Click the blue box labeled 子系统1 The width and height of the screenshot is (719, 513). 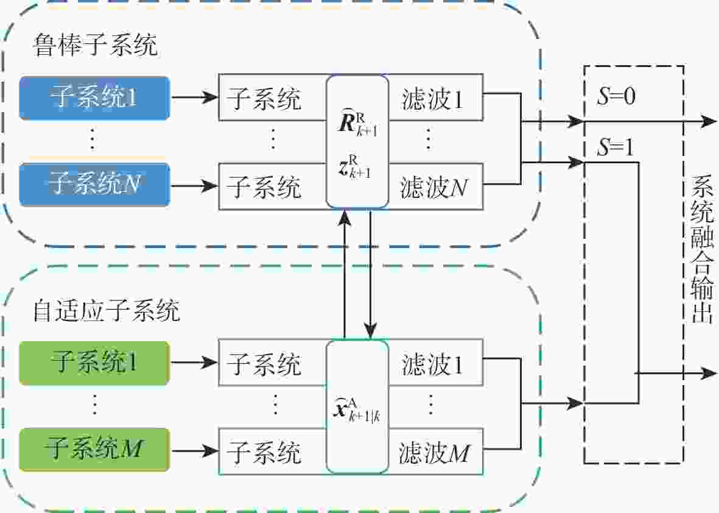pos(94,97)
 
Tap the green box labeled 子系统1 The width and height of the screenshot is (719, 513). pos(94,364)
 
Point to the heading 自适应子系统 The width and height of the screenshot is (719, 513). pos(107,311)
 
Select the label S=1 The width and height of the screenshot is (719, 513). pos(616,149)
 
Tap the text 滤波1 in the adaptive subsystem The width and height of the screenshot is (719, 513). pos(432,365)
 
